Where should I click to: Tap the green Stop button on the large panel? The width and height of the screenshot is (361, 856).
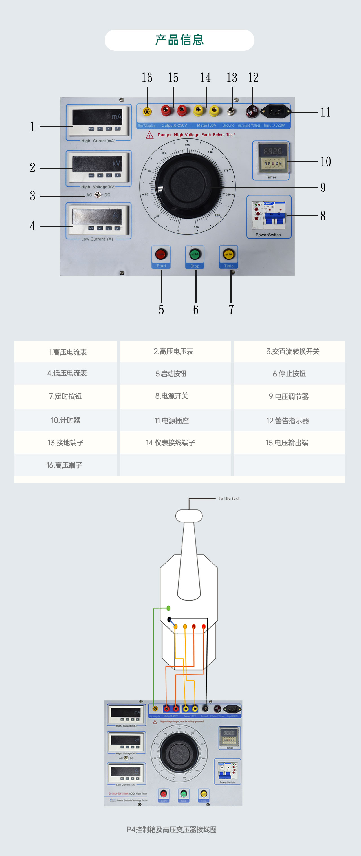(x=195, y=254)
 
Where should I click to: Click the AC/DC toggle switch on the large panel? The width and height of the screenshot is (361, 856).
(x=97, y=195)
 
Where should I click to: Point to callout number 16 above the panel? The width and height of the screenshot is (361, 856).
(x=147, y=78)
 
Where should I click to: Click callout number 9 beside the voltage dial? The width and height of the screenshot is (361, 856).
(x=323, y=188)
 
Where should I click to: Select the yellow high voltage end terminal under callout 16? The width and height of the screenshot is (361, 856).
(x=147, y=111)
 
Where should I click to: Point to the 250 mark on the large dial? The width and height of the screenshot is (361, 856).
(x=196, y=228)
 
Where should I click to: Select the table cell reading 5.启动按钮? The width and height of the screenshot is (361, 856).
(x=171, y=374)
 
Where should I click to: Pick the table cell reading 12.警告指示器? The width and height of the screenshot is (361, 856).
(x=288, y=421)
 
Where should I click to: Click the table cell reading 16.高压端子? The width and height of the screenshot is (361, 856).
(x=64, y=465)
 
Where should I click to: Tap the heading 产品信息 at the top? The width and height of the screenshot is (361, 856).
(x=179, y=40)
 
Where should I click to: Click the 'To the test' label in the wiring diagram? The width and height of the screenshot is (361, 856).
(x=228, y=498)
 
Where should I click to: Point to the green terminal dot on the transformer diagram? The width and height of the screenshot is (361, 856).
(x=169, y=608)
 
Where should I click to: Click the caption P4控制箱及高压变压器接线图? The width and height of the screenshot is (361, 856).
(x=171, y=829)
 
